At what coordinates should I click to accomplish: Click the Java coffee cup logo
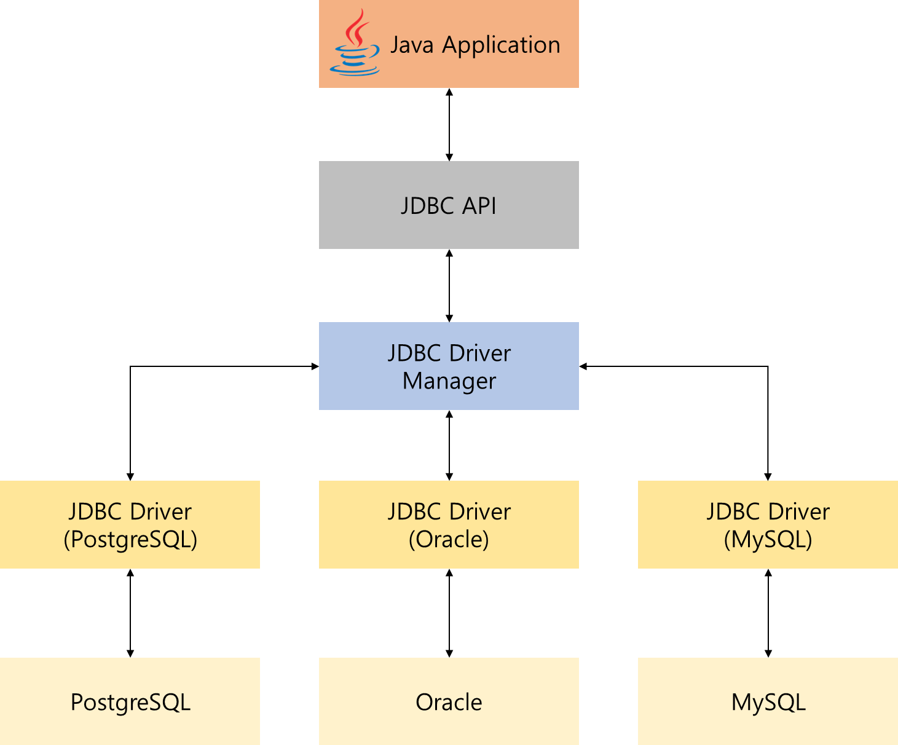click(x=355, y=43)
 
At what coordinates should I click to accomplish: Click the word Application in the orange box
click(x=501, y=45)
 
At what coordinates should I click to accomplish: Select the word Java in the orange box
click(x=412, y=45)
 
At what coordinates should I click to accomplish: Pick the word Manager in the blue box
click(x=449, y=382)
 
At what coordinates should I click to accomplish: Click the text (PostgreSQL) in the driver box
click(x=130, y=540)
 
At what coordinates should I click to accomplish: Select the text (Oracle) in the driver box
click(x=449, y=540)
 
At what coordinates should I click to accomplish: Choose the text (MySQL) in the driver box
click(x=768, y=540)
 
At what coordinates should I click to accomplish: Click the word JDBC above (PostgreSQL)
click(x=95, y=512)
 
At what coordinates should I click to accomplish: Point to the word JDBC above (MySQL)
click(x=733, y=512)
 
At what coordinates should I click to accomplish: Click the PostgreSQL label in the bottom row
click(x=130, y=702)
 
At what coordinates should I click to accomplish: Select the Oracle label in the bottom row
click(x=449, y=702)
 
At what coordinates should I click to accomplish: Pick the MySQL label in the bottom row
click(x=768, y=702)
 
